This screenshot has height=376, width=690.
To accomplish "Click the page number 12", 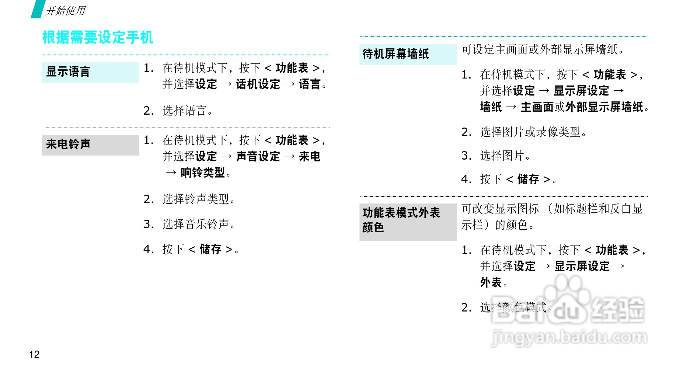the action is tap(34, 354).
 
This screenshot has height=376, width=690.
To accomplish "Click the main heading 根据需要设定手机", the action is tap(98, 38).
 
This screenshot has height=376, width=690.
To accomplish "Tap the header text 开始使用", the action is tap(66, 11).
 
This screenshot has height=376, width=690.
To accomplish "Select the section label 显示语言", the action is tap(68, 72).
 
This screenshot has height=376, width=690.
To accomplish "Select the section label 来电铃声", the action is tap(68, 144).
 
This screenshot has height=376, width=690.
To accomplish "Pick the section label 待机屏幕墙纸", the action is tap(395, 54).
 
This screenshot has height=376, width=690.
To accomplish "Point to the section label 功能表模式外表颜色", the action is tap(401, 220).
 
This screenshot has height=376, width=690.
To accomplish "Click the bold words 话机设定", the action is tap(258, 84).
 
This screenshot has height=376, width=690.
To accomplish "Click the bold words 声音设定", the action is tap(258, 157).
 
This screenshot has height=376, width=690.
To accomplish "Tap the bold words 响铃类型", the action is tap(203, 173).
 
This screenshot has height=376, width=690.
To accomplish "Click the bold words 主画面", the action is tap(537, 107).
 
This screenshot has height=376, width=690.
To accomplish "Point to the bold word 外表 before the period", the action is tap(491, 283).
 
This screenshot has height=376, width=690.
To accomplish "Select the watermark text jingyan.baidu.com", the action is tap(569, 337).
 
